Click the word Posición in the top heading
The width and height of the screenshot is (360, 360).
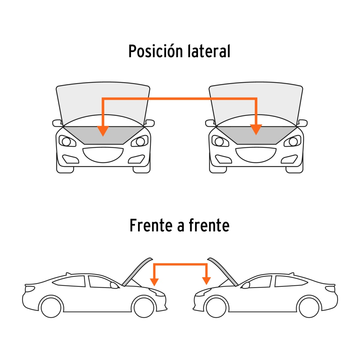point(155,51)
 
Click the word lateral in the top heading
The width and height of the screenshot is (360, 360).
point(209,51)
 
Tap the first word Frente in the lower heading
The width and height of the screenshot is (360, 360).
point(151,226)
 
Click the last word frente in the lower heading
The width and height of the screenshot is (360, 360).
point(209,226)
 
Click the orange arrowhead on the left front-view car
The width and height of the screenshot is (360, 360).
point(103,130)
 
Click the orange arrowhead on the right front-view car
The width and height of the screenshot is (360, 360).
point(256,130)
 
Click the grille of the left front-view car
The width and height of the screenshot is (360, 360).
point(103,155)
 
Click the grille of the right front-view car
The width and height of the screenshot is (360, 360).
point(256,155)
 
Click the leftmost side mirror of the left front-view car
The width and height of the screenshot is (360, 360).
point(57,123)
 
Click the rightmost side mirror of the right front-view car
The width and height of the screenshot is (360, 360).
point(302,123)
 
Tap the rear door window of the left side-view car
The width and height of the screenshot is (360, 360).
point(69,281)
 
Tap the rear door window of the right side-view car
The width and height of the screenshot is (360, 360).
point(291,281)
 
